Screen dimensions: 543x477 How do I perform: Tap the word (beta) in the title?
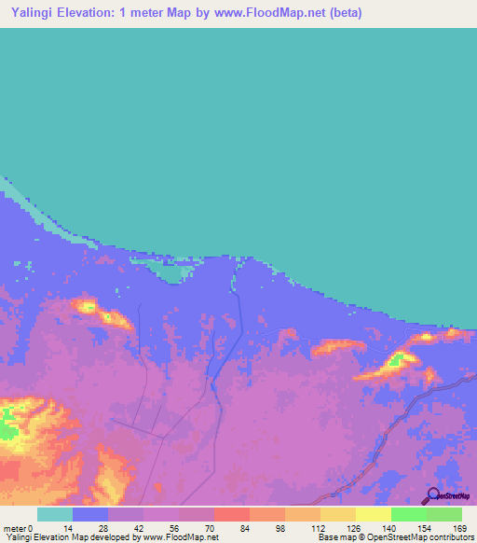[342, 13]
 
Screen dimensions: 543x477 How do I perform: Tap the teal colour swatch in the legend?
[54, 514]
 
